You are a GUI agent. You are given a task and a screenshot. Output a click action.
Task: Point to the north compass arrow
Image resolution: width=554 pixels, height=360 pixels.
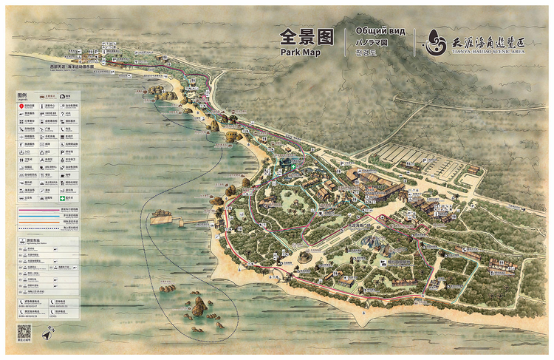click(x=47, y=334)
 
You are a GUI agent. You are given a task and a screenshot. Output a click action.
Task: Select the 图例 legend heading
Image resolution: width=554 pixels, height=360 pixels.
click(x=22, y=96)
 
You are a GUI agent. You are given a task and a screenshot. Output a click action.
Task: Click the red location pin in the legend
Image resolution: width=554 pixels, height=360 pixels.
click(x=21, y=107)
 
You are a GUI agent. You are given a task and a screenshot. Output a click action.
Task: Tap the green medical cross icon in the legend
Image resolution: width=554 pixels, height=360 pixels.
click(x=64, y=197)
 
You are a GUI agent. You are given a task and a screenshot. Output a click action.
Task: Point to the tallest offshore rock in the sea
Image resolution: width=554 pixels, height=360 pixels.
click(x=199, y=305)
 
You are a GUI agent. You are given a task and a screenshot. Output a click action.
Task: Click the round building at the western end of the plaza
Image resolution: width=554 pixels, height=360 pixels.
click(x=304, y=257)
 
